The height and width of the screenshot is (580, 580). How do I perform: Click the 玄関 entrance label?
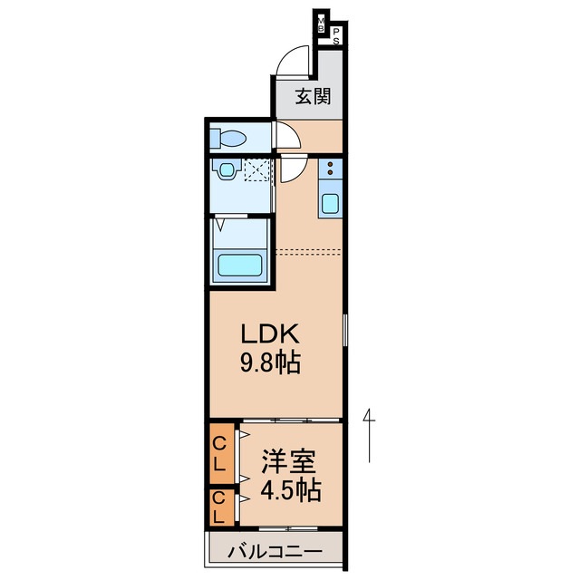[x=310, y=96]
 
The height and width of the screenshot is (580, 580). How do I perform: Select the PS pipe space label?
[x=336, y=36]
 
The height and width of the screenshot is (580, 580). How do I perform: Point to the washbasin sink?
[x=224, y=169]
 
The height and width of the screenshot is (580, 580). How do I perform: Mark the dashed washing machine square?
[x=257, y=169]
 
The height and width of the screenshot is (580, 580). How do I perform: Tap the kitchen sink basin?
[x=331, y=203]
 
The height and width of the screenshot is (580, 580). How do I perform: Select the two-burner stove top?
[x=331, y=169]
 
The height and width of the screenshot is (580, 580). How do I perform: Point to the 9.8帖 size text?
[x=270, y=364]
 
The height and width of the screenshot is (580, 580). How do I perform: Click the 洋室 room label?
[x=289, y=461]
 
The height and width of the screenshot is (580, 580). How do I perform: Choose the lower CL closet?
[x=219, y=508]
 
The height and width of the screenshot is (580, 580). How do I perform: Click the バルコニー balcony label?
[x=275, y=550]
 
